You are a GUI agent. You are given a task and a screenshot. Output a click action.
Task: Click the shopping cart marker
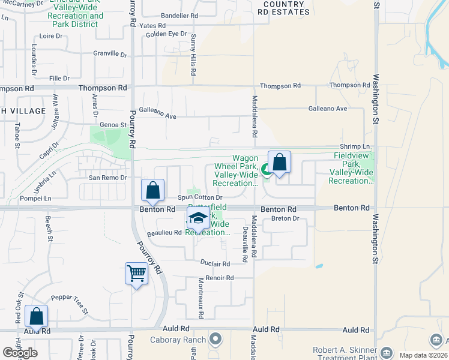pos(137,274)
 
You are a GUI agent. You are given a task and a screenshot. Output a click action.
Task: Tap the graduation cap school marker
pos(198,220)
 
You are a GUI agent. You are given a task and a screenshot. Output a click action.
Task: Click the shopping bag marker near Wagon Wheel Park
pos(279,162)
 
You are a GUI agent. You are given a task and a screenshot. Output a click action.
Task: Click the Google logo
pos(20,353)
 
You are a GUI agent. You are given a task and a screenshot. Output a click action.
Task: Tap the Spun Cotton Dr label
pos(200,197)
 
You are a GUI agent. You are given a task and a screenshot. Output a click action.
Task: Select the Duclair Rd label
pos(215,263)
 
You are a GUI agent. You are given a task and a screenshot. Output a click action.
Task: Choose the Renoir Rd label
pos(219,278)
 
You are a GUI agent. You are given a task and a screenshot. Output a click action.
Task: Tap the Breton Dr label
pos(285,218)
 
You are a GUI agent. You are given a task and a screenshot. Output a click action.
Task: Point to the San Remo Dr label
pos(108,178)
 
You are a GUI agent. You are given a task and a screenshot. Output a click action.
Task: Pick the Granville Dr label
pos(110,54)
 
